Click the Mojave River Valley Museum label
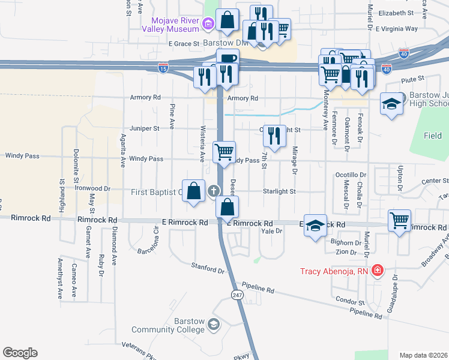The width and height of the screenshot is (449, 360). (x=171, y=24)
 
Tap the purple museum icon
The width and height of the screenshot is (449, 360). (x=208, y=24)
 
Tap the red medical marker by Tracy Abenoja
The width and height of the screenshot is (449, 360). (x=377, y=271)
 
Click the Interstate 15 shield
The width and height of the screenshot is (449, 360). (x=163, y=69)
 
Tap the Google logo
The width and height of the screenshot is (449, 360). (x=20, y=353)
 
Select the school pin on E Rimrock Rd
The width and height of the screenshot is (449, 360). (x=315, y=226)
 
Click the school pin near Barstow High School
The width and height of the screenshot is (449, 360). (x=391, y=105)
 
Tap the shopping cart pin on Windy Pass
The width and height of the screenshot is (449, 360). (x=224, y=152)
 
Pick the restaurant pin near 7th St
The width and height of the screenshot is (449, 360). (x=274, y=136)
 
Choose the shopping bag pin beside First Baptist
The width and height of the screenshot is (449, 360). (x=194, y=192)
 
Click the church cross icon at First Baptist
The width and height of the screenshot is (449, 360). (x=212, y=192)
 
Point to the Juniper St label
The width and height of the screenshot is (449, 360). (x=144, y=128)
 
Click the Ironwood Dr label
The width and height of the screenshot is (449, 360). (x=93, y=188)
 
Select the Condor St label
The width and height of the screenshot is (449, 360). (x=350, y=302)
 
